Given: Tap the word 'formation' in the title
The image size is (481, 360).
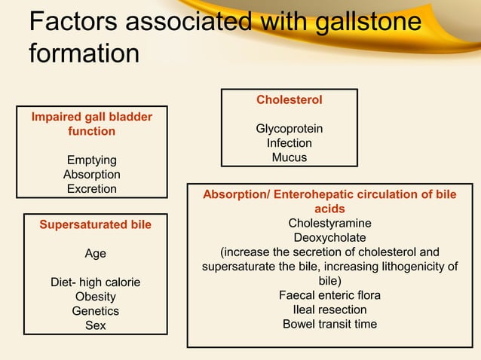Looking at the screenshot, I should [84, 54].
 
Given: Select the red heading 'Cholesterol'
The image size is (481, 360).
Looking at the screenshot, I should [290, 99].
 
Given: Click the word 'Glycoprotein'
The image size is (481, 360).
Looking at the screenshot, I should [290, 129].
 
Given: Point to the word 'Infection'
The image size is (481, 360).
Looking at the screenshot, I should [290, 143].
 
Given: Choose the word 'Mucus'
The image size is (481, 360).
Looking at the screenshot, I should [290, 157].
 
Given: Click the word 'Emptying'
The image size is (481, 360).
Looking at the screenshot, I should [92, 160].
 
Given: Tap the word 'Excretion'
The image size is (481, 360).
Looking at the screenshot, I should [92, 189].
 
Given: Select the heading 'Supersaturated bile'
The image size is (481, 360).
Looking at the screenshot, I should [95, 224].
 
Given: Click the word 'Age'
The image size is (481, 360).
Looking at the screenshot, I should [95, 254].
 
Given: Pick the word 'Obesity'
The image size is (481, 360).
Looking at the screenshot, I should [95, 297].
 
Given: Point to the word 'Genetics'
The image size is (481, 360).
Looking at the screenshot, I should [95, 311].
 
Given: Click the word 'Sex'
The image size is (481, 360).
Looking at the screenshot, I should [95, 325].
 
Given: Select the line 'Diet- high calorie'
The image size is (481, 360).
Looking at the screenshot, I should [95, 282].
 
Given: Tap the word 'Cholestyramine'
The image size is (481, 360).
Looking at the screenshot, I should [329, 224].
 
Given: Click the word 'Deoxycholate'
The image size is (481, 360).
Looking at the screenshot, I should [329, 238].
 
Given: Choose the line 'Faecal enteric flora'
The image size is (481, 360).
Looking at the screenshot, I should [329, 295].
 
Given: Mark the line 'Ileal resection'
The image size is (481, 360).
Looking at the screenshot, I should [329, 310].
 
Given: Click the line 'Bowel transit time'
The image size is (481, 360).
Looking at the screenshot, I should [329, 324].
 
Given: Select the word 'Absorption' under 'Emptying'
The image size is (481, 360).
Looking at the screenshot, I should [92, 175].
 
